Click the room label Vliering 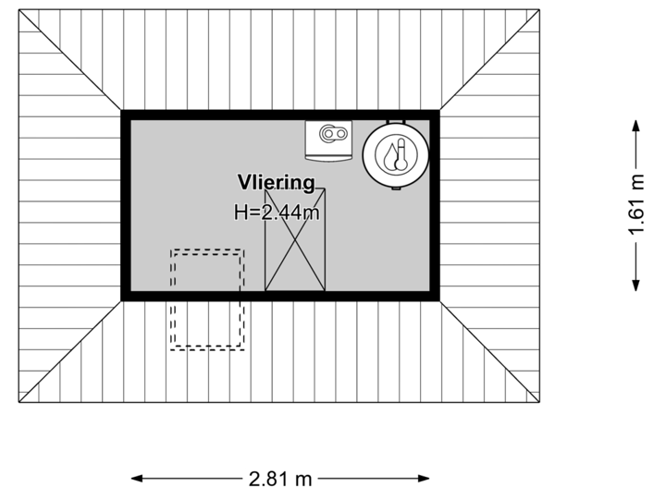276,182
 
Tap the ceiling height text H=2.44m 277,213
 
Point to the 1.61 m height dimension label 635,206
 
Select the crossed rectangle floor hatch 296,238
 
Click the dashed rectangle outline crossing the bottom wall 206,298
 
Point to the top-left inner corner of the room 129,118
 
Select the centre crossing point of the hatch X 296,238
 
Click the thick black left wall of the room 125,205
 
